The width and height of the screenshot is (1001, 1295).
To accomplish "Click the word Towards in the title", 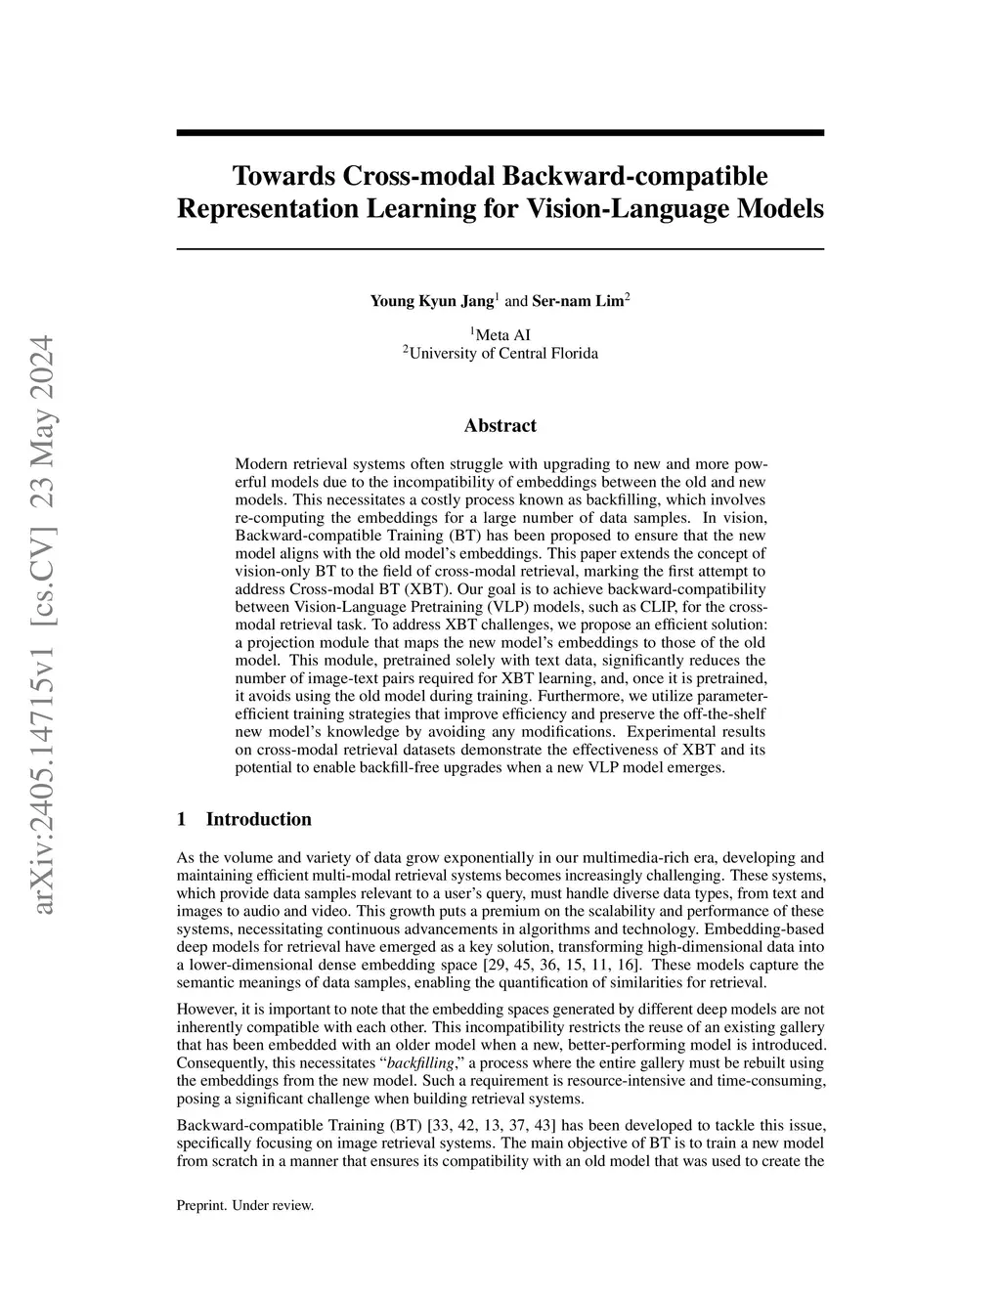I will pos(283,176).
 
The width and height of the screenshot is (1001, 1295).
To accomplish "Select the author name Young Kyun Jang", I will pos(431,301).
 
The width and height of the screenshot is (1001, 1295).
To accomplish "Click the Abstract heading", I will pos(500,425).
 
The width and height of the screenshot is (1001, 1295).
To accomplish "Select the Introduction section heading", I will pos(258,819).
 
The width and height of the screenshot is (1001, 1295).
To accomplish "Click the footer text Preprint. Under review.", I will pos(244,1206).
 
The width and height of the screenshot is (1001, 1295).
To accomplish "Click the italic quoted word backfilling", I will pos(415,1062).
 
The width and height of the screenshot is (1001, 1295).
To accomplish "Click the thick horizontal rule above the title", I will pos(500,132).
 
